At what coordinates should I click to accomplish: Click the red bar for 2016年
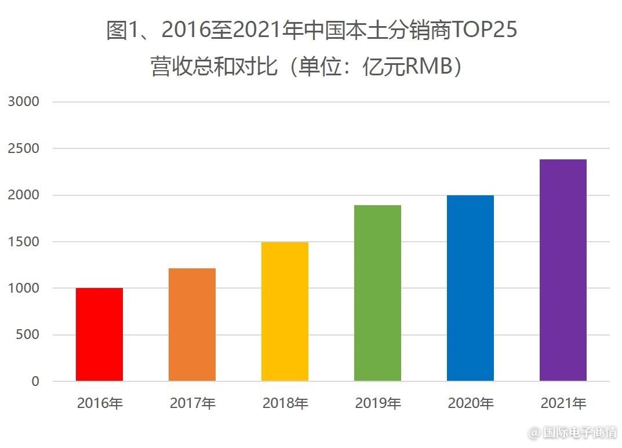tap(99, 334)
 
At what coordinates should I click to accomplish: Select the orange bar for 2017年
tap(192, 325)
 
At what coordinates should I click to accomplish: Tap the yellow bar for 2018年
tap(285, 312)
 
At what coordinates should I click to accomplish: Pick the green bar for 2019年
tap(377, 293)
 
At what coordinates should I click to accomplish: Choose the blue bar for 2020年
tap(470, 288)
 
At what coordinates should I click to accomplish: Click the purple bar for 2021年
tap(563, 270)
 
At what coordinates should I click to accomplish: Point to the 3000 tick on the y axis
tap(24, 102)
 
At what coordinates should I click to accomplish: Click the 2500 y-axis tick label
tap(24, 148)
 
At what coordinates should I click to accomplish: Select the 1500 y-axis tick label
tap(24, 242)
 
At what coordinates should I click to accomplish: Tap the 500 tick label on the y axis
tap(28, 335)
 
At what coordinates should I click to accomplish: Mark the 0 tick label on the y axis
tap(35, 381)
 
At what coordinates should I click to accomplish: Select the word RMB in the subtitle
tap(428, 67)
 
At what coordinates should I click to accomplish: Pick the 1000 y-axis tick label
tap(24, 288)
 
